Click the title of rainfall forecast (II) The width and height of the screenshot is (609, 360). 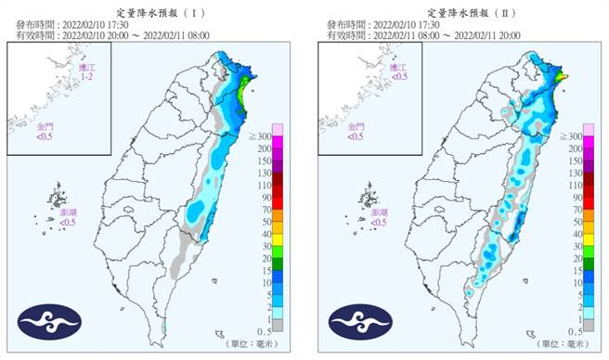click(461, 12)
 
